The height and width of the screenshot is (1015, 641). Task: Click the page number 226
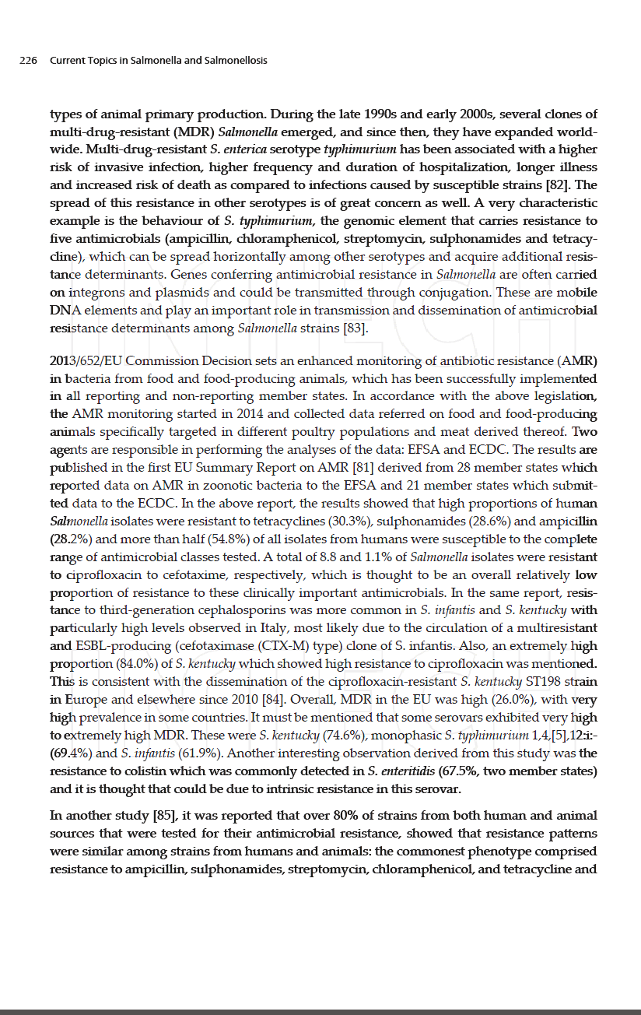29,61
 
